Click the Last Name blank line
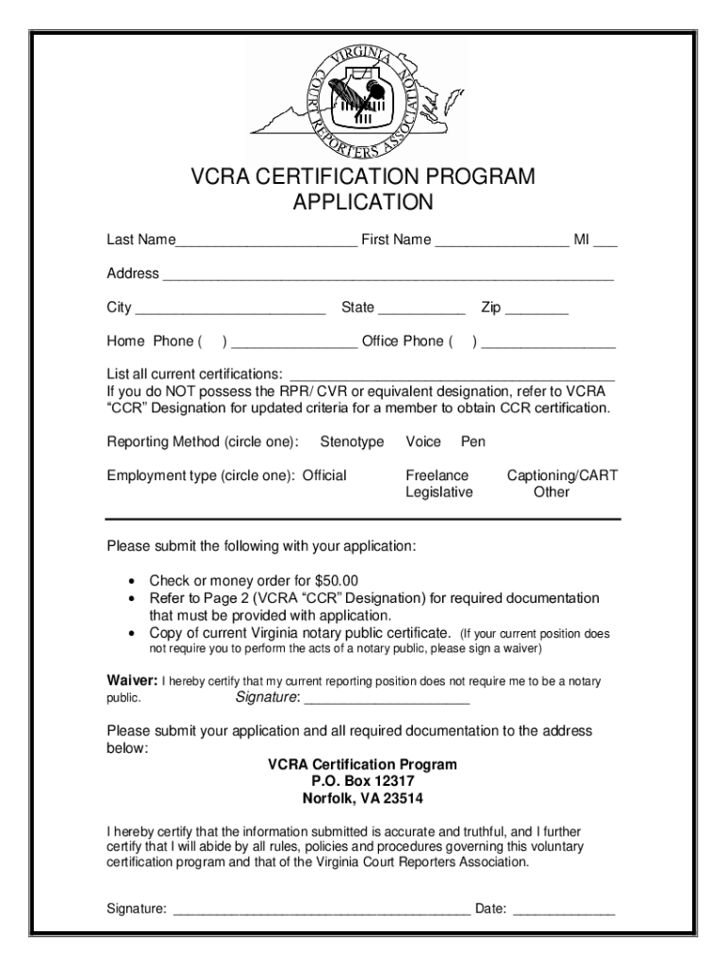[266, 243]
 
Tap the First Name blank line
[502, 243]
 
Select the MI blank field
[605, 243]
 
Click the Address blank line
[388, 277]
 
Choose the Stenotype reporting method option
[352, 441]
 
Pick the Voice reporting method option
[423, 441]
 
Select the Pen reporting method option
[473, 441]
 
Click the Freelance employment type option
[437, 475]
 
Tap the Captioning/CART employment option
[562, 475]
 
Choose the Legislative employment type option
[439, 492]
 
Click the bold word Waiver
[132, 681]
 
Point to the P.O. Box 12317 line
[363, 781]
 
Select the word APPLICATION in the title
[363, 203]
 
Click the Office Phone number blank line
[548, 345]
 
